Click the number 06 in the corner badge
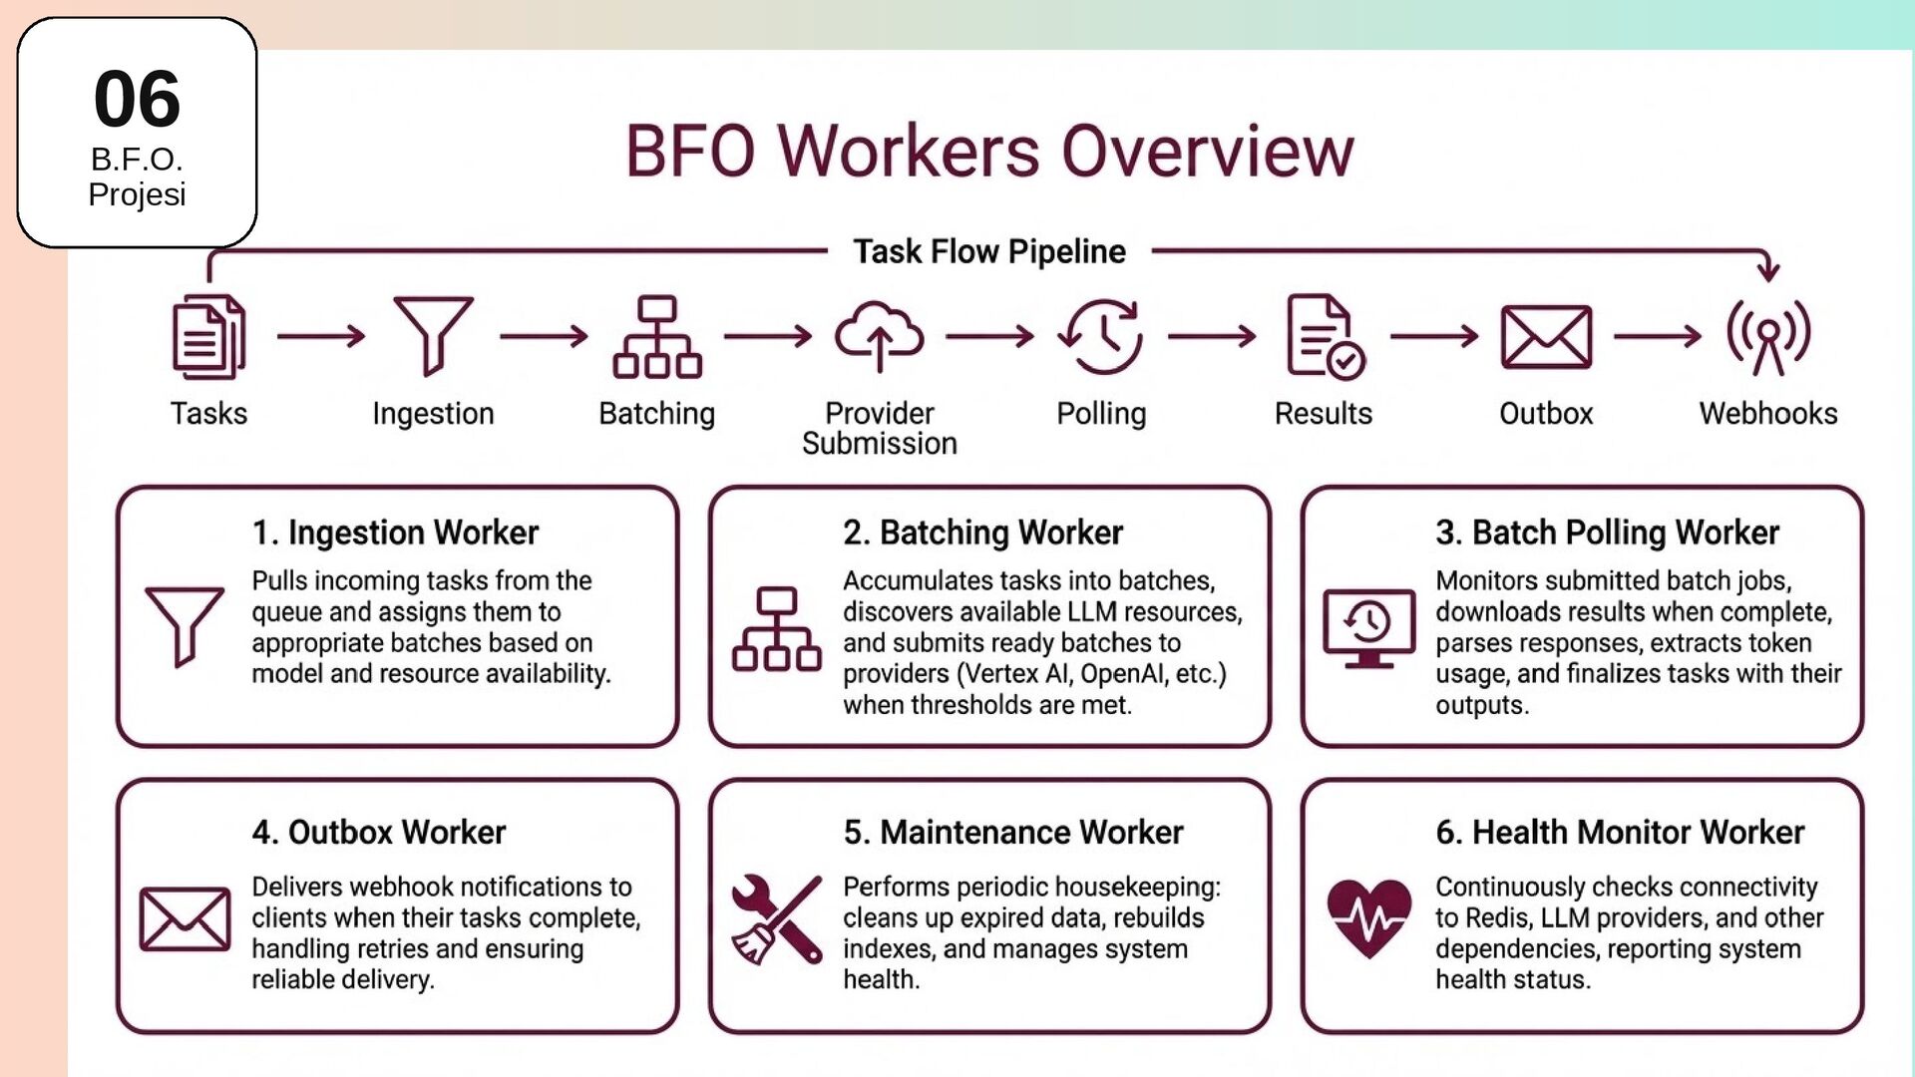click(137, 99)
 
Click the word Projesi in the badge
click(137, 194)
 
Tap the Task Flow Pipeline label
click(988, 251)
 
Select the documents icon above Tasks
click(208, 337)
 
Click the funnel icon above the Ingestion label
click(433, 335)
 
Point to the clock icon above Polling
click(1101, 336)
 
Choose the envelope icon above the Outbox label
click(1546, 337)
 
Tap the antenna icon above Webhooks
click(1768, 337)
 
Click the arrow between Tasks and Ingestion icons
click(321, 336)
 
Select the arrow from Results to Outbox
click(1434, 336)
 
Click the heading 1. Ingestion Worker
click(395, 533)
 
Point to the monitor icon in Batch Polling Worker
click(1368, 627)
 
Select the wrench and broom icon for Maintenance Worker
click(777, 918)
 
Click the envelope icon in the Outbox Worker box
click(185, 918)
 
